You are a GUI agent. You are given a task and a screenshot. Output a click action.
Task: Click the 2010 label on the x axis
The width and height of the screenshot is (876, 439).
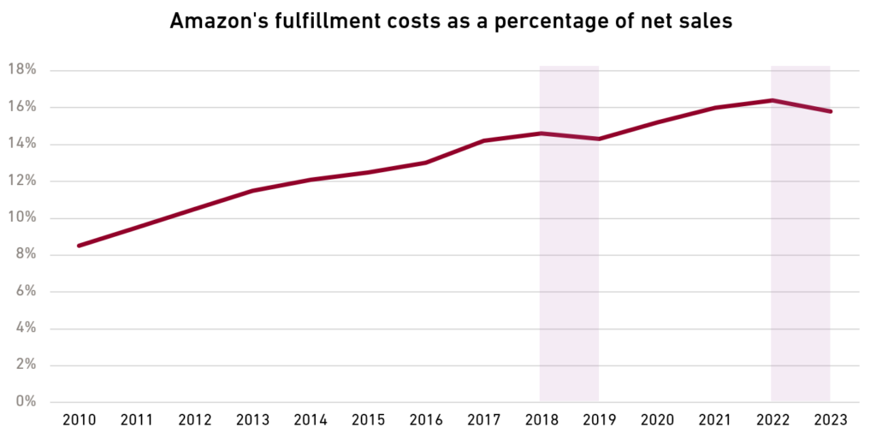(x=79, y=420)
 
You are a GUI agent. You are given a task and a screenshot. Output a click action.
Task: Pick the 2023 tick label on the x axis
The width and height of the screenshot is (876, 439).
(x=830, y=420)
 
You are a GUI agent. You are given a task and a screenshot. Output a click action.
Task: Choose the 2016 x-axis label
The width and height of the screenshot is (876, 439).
(x=425, y=420)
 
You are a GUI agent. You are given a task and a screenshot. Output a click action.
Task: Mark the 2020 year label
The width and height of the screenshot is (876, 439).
(x=656, y=420)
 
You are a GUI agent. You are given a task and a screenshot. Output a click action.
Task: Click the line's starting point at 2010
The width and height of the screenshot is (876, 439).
(x=79, y=246)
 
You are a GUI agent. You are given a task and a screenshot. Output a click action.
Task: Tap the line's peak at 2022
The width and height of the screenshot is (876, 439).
(x=772, y=100)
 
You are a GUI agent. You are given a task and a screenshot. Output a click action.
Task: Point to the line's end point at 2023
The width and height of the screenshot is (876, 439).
(x=830, y=111)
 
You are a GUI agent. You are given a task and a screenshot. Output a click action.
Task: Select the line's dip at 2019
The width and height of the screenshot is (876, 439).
(x=598, y=139)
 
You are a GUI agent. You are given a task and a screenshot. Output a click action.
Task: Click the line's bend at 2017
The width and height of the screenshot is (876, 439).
(x=483, y=140)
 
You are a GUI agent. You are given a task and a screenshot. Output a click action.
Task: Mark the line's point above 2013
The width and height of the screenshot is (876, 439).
(x=252, y=190)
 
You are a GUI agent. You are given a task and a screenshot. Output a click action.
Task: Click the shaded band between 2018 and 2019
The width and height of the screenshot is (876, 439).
(x=569, y=257)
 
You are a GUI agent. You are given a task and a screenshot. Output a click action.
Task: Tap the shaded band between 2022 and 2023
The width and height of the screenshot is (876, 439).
(x=801, y=257)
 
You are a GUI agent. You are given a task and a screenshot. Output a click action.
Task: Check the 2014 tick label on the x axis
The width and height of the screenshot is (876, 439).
(x=310, y=420)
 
